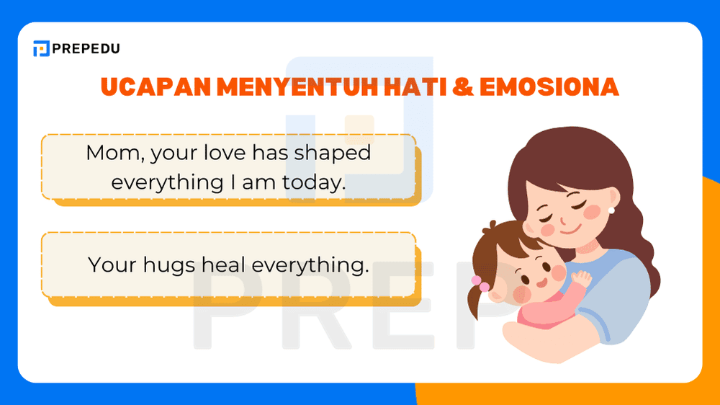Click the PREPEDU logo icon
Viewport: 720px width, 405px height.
click(42, 49)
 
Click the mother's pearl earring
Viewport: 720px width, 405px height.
click(611, 210)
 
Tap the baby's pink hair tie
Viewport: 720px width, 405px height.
click(477, 280)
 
